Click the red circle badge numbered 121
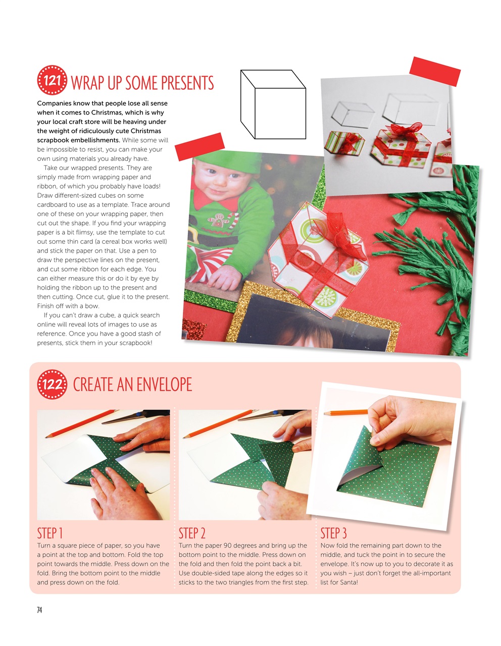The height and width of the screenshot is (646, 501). pos(52,80)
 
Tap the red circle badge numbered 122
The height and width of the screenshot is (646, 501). pos(52,385)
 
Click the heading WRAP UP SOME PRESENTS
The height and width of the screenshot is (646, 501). pos(142,83)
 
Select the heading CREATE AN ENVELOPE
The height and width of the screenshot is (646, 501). pos(132,385)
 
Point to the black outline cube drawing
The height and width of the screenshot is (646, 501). pos(273,104)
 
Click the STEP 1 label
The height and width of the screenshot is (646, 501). pos(49,533)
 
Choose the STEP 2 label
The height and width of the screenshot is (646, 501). pos(192,533)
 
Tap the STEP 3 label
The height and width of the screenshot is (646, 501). pos(333,533)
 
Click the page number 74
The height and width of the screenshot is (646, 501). pos(39,610)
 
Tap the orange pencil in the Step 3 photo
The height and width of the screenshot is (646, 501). pos(346,413)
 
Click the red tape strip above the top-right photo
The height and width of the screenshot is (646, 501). pos(435,71)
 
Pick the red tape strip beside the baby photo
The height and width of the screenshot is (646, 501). pos(199,146)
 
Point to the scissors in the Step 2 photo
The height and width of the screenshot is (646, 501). pos(263,416)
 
